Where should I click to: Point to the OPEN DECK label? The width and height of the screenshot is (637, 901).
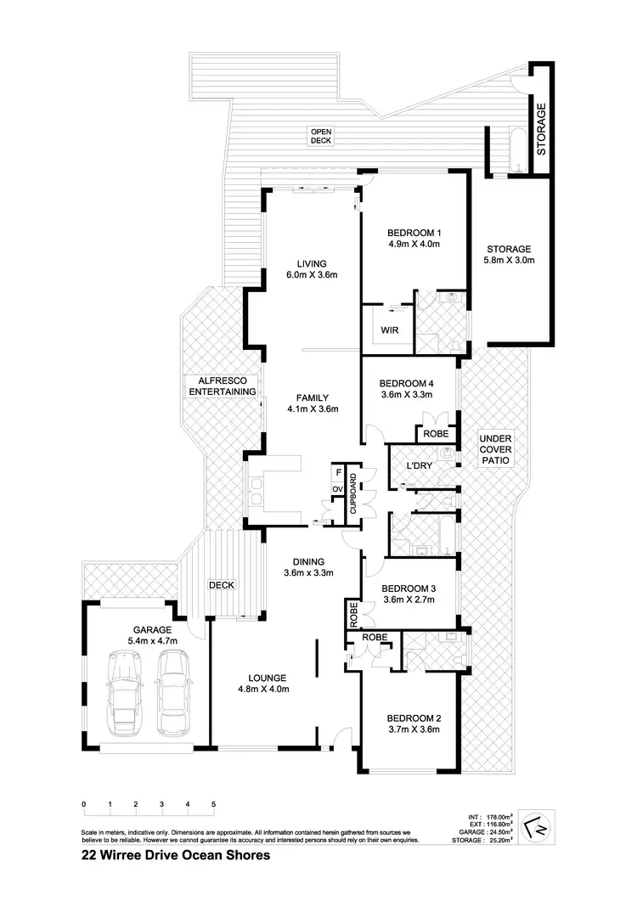(320, 136)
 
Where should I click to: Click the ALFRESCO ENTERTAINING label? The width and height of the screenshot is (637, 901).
(222, 386)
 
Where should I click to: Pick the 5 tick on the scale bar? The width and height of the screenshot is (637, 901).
(213, 803)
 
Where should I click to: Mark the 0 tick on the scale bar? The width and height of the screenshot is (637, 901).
(83, 803)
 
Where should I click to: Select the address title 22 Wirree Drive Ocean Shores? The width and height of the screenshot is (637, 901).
(176, 855)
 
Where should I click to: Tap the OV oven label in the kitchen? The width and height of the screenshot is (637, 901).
(338, 489)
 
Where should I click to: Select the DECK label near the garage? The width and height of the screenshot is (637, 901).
(222, 585)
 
